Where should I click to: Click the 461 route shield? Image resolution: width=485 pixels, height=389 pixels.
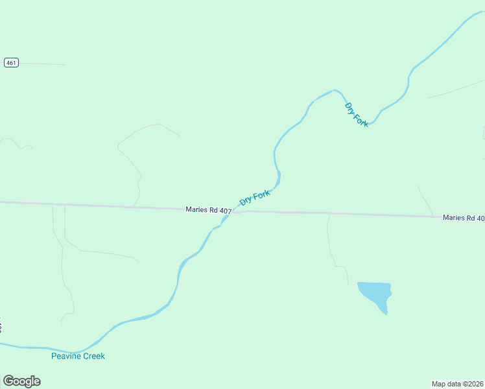click(11, 63)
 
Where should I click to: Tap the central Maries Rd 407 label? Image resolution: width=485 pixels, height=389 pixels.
click(208, 210)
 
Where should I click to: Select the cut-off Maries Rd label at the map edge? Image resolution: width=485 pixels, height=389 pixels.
click(463, 218)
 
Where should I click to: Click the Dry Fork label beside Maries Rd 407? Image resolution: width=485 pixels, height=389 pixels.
click(255, 198)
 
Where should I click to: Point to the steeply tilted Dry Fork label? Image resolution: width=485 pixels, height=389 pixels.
click(357, 115)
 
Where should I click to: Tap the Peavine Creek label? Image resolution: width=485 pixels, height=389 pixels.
click(78, 356)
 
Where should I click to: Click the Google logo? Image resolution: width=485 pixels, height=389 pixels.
click(21, 381)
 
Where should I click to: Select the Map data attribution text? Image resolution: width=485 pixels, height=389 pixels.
click(458, 383)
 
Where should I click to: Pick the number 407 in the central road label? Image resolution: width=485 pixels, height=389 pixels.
click(225, 211)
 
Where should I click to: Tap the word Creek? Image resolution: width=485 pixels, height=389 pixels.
click(93, 356)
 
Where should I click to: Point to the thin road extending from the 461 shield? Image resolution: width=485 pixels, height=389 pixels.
click(42, 64)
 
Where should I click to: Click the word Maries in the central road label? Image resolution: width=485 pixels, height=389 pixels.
click(196, 209)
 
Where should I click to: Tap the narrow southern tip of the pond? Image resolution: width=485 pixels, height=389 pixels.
click(386, 313)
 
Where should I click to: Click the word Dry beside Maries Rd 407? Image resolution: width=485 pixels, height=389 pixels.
click(245, 202)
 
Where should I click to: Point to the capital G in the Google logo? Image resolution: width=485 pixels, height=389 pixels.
click(8, 381)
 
